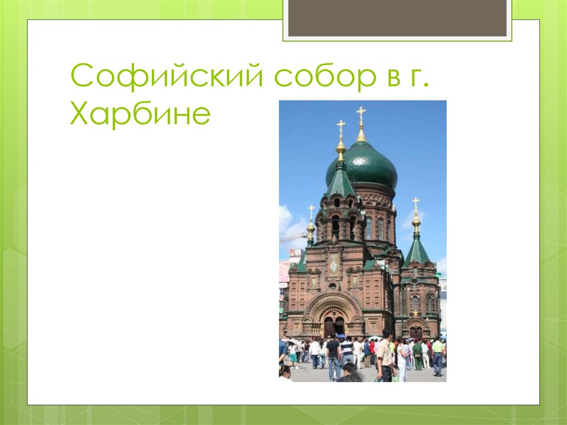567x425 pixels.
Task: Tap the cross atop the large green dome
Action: (x=361, y=115)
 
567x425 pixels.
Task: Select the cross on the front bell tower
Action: (x=341, y=129)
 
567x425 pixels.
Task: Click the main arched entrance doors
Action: (x=333, y=326)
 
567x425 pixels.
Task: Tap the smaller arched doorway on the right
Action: (x=415, y=331)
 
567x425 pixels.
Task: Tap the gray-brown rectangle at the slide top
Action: (x=397, y=18)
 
